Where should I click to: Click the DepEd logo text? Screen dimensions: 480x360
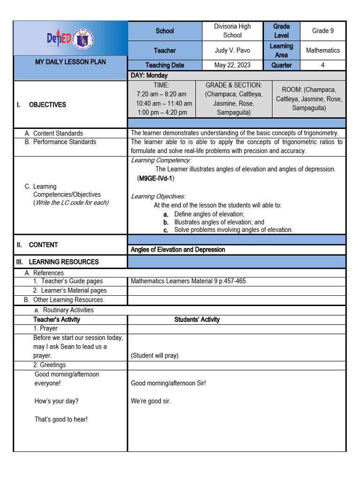(59, 39)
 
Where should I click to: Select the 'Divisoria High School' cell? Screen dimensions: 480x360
(232, 31)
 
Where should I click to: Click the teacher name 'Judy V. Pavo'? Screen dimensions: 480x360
(232, 50)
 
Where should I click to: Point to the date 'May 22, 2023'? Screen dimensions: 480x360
(232, 65)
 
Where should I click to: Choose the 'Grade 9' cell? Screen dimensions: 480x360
(322, 31)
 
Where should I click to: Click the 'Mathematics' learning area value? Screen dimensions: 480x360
(322, 50)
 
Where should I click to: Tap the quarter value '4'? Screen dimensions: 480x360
(322, 65)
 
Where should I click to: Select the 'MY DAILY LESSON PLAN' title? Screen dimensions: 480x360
(70, 62)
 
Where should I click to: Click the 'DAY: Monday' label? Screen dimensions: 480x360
(149, 75)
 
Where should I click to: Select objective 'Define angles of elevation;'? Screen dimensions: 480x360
(202, 214)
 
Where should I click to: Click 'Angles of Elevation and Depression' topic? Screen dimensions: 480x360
(178, 249)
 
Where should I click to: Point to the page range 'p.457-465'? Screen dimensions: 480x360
(232, 281)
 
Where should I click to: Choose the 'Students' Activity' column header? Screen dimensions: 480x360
(197, 319)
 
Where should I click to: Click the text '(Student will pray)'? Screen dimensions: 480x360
(154, 356)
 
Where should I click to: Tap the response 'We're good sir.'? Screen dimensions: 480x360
(150, 401)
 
